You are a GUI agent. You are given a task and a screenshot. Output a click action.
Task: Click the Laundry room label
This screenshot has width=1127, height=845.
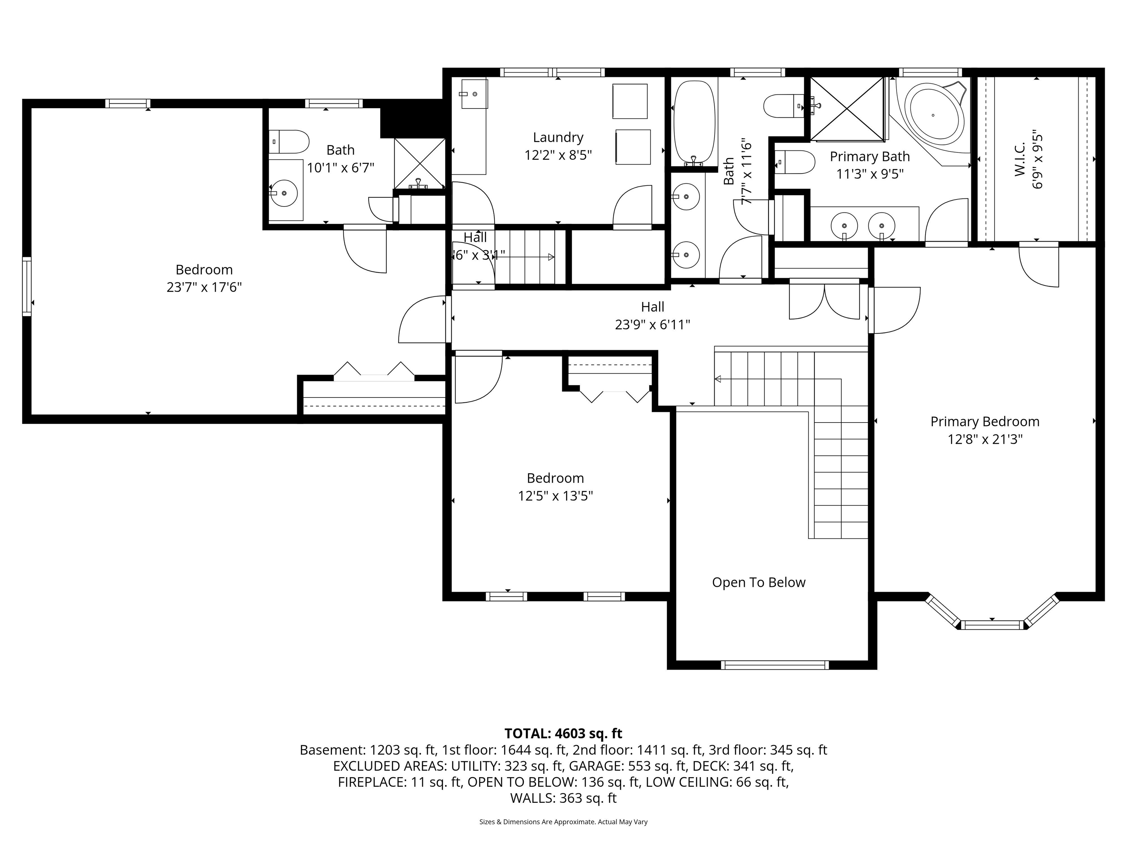pos(558,138)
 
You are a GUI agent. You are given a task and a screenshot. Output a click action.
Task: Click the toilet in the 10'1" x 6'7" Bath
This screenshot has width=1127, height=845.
pos(289,142)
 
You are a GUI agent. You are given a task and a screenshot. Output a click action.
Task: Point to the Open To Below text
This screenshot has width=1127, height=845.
pos(759,582)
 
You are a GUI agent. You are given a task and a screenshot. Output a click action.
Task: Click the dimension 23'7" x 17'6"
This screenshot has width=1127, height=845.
pos(204,287)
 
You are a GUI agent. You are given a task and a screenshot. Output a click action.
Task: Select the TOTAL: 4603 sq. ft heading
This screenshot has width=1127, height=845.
pos(563,734)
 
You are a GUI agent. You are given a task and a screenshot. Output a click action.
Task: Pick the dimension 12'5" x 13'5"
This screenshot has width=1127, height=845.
pos(555,495)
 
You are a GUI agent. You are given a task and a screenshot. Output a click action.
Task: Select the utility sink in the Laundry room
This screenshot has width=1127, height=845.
pos(474,94)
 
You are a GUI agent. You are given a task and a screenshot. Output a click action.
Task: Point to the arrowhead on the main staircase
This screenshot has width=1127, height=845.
pos(718,379)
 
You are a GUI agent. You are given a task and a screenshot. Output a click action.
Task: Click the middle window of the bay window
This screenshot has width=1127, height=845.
pos(992,625)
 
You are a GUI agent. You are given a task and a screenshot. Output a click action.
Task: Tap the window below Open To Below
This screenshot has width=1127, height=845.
pos(774,665)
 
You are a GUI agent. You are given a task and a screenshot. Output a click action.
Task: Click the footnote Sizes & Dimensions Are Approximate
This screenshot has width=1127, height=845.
pos(563,822)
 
